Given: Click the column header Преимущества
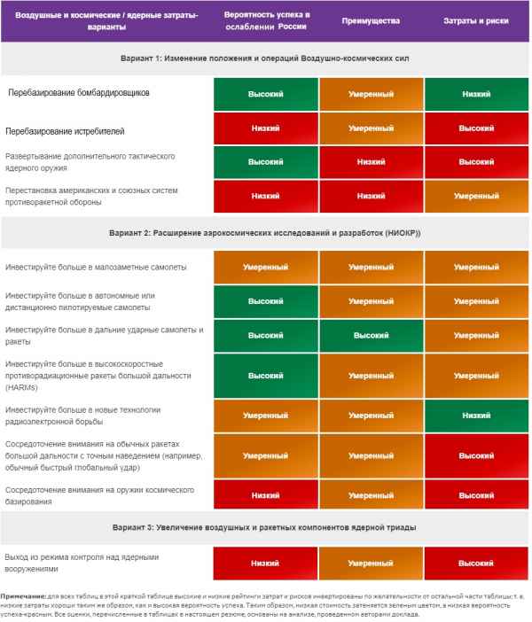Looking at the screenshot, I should tap(372, 22).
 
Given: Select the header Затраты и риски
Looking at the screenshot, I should tap(476, 22).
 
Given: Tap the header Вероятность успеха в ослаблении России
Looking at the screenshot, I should tap(265, 22).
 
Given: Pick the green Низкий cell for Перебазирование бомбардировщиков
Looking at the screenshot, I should tap(476, 92).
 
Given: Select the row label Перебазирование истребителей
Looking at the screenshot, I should tap(65, 130).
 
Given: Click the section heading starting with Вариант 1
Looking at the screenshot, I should tap(265, 58).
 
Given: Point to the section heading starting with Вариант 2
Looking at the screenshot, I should tap(265, 233).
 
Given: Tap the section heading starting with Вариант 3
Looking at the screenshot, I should tap(265, 527).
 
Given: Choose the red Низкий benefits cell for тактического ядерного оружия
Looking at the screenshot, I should tap(372, 162).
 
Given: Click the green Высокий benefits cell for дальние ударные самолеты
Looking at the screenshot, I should tap(372, 336).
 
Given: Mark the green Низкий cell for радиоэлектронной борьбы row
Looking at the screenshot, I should tap(476, 415).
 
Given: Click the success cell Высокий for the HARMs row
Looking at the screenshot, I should tap(265, 376).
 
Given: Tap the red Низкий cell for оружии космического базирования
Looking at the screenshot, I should tap(265, 494).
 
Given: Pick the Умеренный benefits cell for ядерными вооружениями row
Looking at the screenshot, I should tap(372, 563).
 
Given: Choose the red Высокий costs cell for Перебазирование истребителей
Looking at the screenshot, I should tap(476, 128).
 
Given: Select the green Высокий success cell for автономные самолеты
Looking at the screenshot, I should tap(265, 301).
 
